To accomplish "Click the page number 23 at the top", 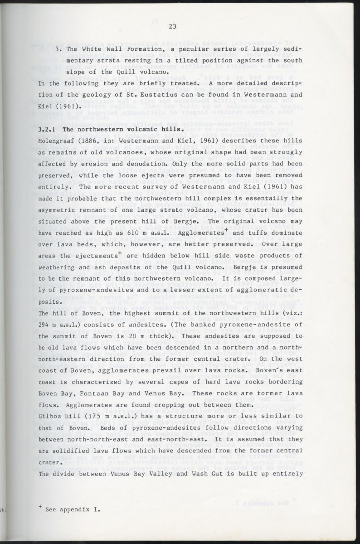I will click(x=172, y=26).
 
